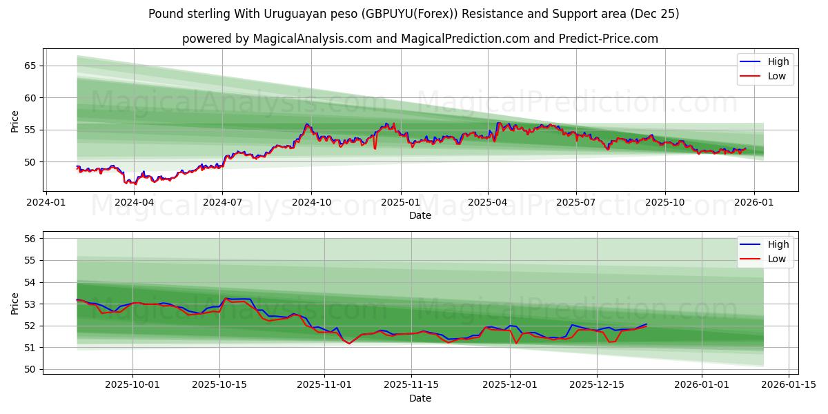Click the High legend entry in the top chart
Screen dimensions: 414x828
pyautogui.click(x=778, y=61)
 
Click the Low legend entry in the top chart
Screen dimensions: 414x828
pyautogui.click(x=776, y=76)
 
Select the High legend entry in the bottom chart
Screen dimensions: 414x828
pyautogui.click(x=778, y=244)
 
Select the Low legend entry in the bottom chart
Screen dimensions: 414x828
pyautogui.click(x=776, y=259)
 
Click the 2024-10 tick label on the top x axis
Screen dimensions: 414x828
pyautogui.click(x=310, y=203)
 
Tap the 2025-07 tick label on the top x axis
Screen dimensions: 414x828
pyautogui.click(x=576, y=203)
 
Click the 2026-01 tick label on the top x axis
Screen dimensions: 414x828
pyautogui.click(x=753, y=203)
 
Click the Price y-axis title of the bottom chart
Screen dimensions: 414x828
pyautogui.click(x=15, y=303)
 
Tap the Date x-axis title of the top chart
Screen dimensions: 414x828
pyautogui.click(x=420, y=215)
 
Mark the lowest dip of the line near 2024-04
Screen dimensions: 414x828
pyautogui.click(x=135, y=184)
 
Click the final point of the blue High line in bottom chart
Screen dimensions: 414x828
pyautogui.click(x=647, y=324)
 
